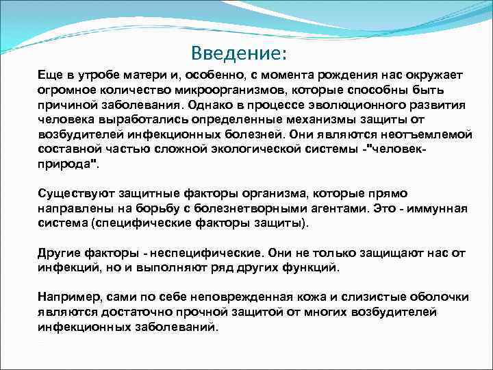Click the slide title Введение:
pyautogui.click(x=240, y=53)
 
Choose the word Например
pyautogui.click(x=66, y=297)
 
